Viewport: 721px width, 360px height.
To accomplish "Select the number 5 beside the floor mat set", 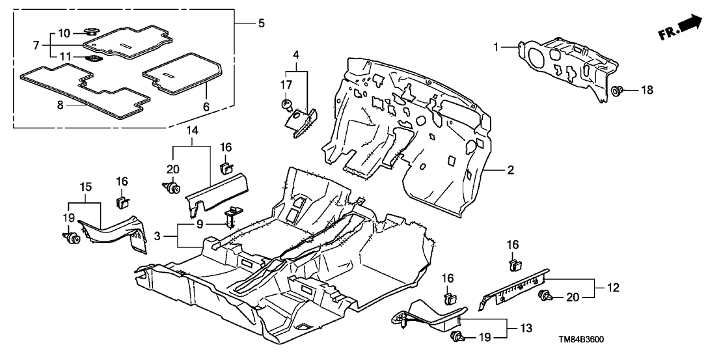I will click(x=260, y=23).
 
